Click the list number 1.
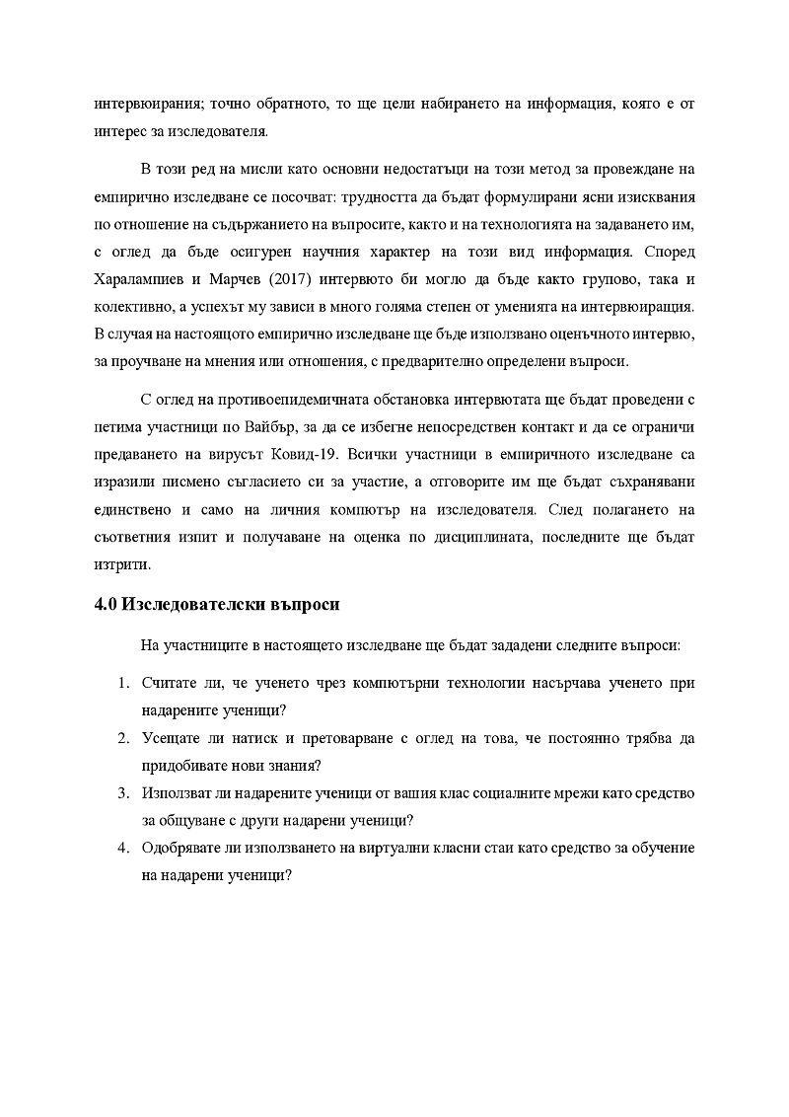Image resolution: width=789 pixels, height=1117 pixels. pyautogui.click(x=123, y=684)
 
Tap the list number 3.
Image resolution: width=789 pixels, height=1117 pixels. pyautogui.click(x=123, y=794)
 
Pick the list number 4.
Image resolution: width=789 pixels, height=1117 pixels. pyautogui.click(x=123, y=849)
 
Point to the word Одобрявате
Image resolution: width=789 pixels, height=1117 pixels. pyautogui.click(x=184, y=849)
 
